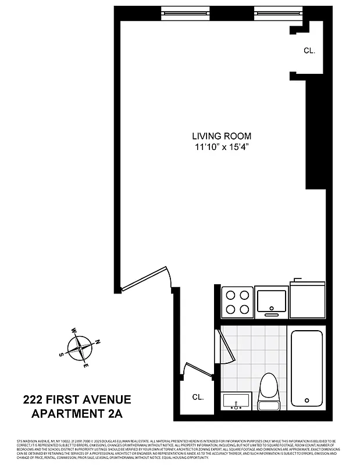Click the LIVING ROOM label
214,136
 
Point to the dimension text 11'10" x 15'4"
214,148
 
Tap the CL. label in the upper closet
309,51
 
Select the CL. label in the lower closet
198,398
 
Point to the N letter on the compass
98,341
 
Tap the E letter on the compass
85,365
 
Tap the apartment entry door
145,278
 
